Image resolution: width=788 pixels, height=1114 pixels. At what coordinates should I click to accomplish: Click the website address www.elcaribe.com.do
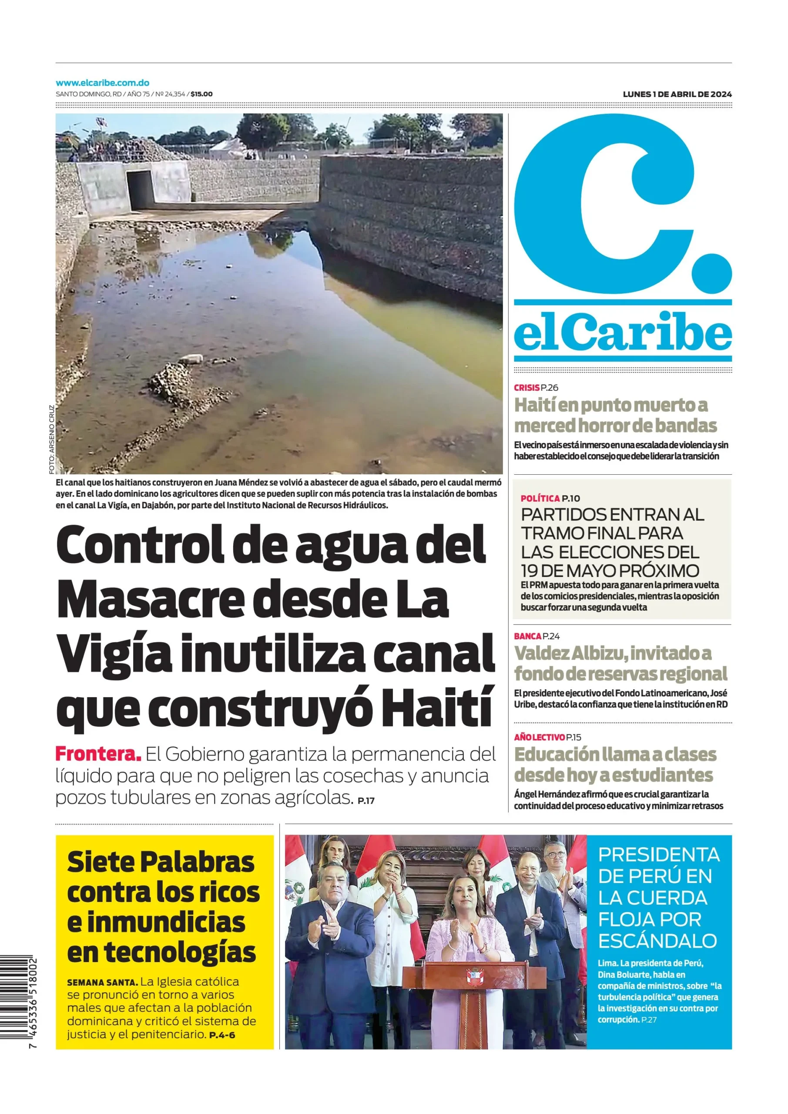tap(102, 83)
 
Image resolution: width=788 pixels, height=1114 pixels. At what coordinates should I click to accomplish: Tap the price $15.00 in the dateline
tap(201, 94)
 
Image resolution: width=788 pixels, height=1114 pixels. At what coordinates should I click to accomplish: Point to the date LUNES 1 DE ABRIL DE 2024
tap(677, 94)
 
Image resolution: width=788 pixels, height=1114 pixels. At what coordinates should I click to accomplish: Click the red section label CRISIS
tap(526, 387)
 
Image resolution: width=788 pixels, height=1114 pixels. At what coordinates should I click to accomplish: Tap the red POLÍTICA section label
tap(540, 498)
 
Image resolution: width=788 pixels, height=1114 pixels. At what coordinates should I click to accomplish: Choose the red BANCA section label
tap(527, 636)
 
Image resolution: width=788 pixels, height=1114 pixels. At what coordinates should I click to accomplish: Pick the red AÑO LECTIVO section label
tap(539, 738)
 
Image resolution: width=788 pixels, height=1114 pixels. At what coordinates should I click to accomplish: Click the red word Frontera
tap(98, 755)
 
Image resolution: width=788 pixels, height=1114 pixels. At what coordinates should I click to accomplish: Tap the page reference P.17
tap(366, 801)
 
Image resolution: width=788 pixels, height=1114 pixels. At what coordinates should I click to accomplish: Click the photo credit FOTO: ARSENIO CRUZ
tap(51, 439)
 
